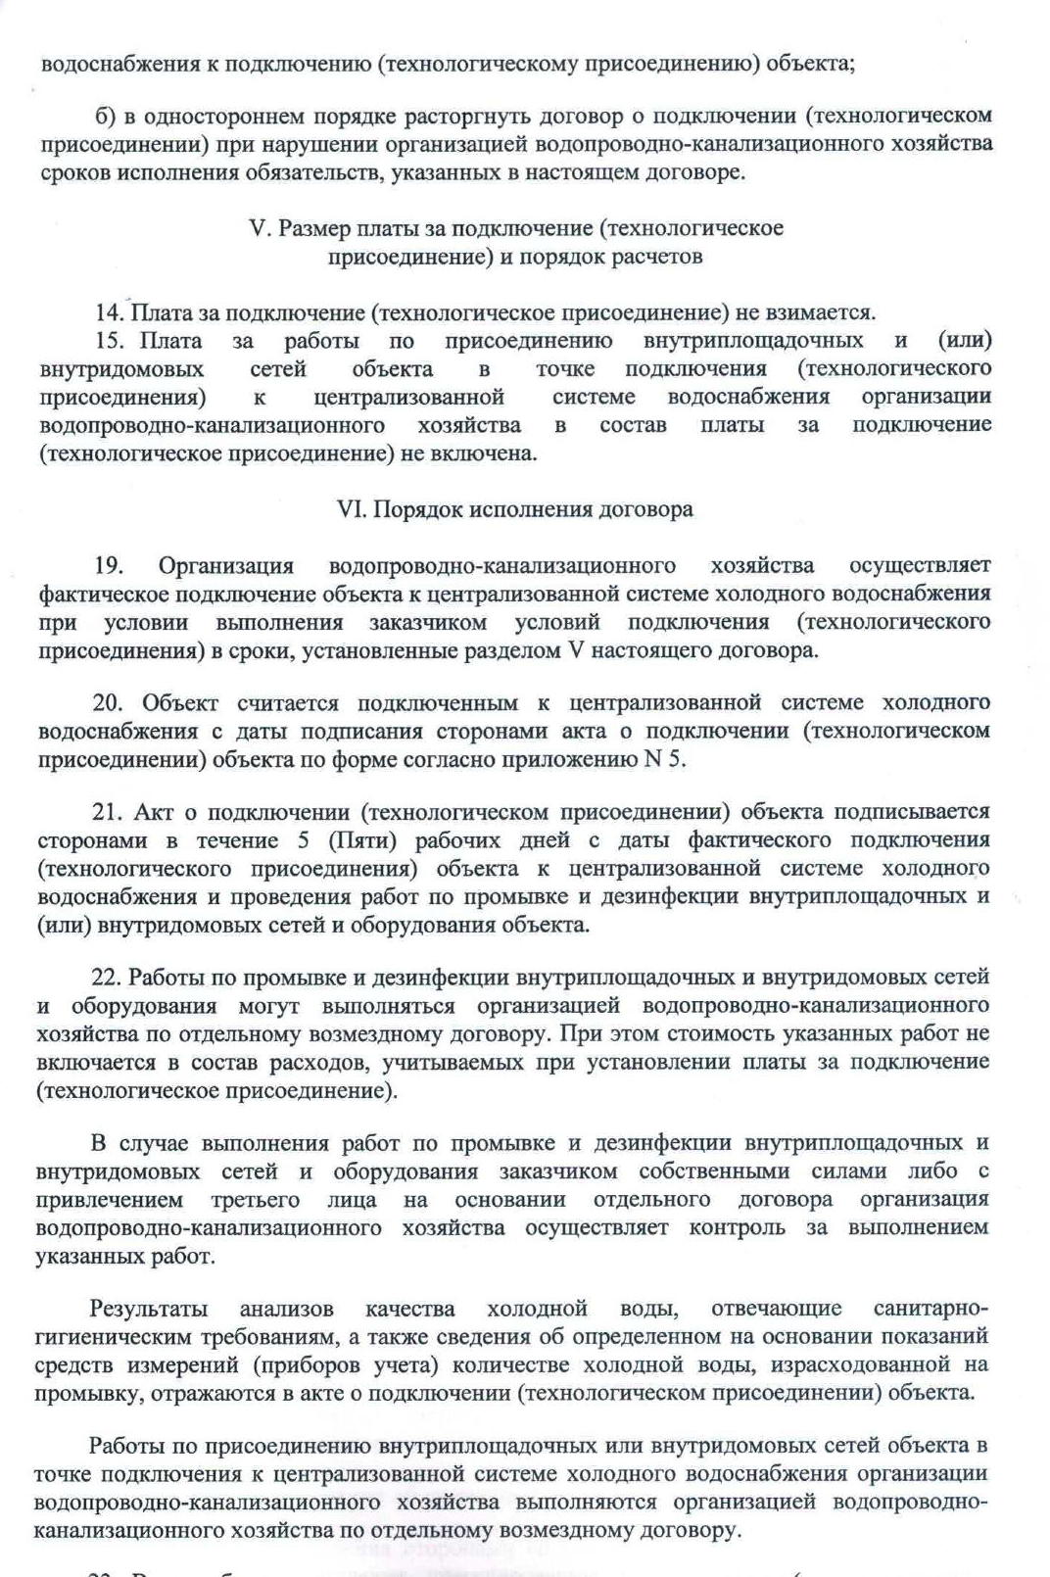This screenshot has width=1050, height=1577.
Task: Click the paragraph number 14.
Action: point(108,312)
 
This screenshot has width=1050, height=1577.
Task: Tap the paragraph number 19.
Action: point(108,565)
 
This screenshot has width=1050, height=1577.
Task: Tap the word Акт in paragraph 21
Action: point(154,811)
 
